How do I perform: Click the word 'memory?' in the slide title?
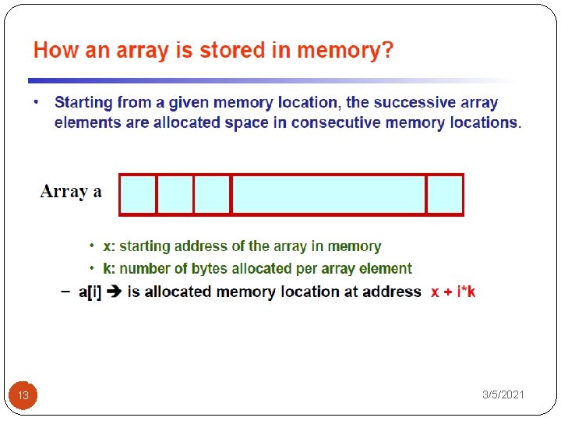[x=348, y=51]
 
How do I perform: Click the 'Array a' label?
[x=71, y=192]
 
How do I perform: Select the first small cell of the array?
[x=138, y=194]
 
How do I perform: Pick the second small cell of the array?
[x=175, y=194]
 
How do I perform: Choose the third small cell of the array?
[x=212, y=194]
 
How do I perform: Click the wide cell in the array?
[x=329, y=194]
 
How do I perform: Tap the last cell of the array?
[x=445, y=194]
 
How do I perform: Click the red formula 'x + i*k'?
[x=453, y=292]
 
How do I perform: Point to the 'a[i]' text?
[x=90, y=292]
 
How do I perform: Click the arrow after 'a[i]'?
[x=115, y=292]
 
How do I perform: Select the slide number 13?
[x=23, y=395]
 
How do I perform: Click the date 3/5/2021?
[x=503, y=395]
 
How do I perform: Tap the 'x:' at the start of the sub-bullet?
[x=109, y=246]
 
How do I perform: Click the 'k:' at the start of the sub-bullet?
[x=109, y=269]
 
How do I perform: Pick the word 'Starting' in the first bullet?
[x=85, y=102]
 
